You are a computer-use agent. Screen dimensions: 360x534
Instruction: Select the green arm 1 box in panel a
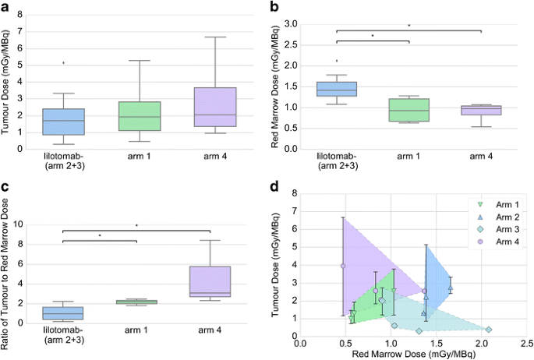140,116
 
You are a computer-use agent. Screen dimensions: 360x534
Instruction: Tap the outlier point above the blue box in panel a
63,62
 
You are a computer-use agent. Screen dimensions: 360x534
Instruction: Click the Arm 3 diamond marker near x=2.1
488,330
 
